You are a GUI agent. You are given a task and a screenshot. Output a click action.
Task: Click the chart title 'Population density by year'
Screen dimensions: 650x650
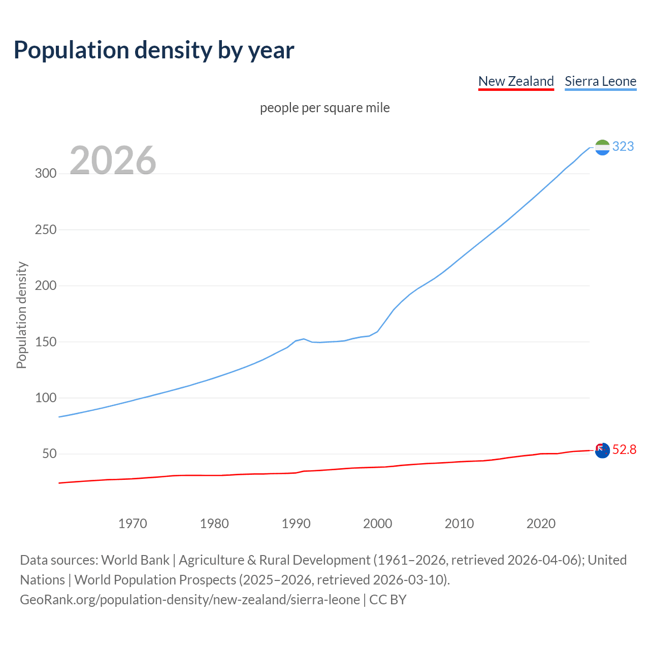click(154, 50)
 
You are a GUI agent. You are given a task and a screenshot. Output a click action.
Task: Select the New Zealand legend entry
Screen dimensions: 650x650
click(516, 81)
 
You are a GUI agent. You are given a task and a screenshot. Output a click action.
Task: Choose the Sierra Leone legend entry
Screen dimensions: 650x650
click(600, 81)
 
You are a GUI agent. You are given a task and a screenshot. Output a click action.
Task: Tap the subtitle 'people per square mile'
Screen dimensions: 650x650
click(325, 108)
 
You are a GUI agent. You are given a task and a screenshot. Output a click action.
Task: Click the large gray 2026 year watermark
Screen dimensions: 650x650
click(113, 160)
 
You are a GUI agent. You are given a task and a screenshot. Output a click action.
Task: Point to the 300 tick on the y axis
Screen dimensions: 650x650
click(46, 174)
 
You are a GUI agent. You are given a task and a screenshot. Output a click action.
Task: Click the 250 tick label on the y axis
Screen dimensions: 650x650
click(46, 230)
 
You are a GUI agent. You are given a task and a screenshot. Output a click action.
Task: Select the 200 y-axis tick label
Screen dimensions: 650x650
click(46, 286)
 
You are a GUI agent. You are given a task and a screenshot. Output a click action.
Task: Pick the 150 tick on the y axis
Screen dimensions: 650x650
click(46, 342)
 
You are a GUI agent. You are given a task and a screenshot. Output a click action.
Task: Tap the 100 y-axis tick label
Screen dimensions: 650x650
click(46, 398)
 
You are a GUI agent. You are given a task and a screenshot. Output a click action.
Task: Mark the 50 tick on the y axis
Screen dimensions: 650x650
click(49, 454)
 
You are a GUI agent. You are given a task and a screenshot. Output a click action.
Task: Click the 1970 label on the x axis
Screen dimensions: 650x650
click(133, 524)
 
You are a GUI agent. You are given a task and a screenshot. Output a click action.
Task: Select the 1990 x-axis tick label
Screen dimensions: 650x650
click(296, 524)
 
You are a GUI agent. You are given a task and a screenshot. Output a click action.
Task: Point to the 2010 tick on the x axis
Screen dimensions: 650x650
click(459, 524)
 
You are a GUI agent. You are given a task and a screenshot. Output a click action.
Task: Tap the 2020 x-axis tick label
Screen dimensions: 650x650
click(541, 524)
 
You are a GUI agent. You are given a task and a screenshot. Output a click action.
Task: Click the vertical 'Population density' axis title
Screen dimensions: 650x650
click(21, 315)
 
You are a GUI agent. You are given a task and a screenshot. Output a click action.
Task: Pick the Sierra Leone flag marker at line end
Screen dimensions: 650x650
click(602, 147)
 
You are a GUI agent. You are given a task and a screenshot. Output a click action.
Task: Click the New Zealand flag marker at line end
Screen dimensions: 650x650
click(602, 450)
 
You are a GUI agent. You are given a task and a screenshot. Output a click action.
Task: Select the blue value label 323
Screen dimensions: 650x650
click(623, 147)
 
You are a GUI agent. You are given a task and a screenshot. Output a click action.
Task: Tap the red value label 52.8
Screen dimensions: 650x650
click(624, 450)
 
